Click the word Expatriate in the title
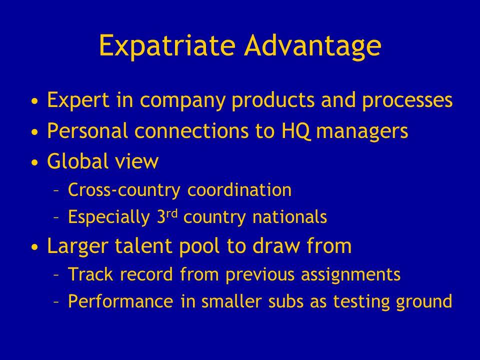click(x=167, y=46)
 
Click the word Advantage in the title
click(x=312, y=46)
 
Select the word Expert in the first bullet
click(x=78, y=100)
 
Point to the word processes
click(x=407, y=100)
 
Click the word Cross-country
click(x=124, y=190)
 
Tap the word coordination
click(x=239, y=189)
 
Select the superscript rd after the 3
click(x=172, y=213)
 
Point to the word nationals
click(x=289, y=216)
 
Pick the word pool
click(x=199, y=246)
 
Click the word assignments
click(x=351, y=274)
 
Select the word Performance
click(x=120, y=301)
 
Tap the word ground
click(x=424, y=301)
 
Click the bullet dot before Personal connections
click(x=35, y=132)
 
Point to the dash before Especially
click(x=56, y=217)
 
